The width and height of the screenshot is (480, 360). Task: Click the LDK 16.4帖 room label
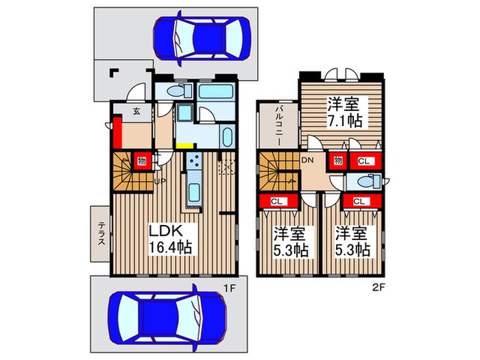(x=170, y=239)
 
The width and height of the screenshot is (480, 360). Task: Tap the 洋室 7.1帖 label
(x=344, y=112)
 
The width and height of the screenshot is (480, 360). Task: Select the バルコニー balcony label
(x=279, y=125)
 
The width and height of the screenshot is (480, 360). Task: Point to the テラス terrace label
(x=101, y=233)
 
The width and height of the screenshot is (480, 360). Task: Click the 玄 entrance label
(x=136, y=111)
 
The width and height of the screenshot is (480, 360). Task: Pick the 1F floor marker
(x=229, y=288)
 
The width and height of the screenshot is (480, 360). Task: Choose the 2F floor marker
(x=379, y=288)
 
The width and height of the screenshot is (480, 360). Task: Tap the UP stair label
(x=160, y=181)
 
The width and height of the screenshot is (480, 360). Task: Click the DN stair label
(x=308, y=160)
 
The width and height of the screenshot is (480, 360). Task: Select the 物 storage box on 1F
(x=141, y=161)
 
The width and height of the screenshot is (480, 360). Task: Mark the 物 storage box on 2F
(x=338, y=160)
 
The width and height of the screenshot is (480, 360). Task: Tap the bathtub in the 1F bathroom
(x=215, y=91)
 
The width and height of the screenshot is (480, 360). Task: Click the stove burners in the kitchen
(x=194, y=161)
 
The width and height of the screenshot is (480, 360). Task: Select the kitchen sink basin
(x=194, y=192)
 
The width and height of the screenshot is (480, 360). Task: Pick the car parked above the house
(x=202, y=38)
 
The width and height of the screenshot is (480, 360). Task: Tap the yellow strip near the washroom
(x=186, y=146)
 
